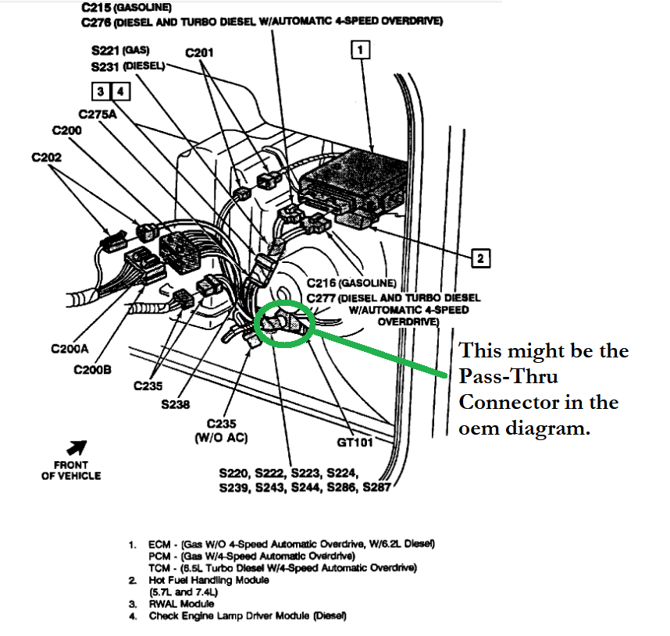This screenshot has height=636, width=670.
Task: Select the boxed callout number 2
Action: pyautogui.click(x=482, y=257)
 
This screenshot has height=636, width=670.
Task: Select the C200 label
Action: pyautogui.click(x=69, y=130)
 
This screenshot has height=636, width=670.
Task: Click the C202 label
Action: pyautogui.click(x=47, y=157)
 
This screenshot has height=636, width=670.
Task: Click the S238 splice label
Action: pyautogui.click(x=176, y=404)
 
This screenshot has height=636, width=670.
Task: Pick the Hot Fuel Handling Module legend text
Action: pyautogui.click(x=208, y=581)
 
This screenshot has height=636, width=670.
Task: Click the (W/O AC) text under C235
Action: pyautogui.click(x=222, y=438)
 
